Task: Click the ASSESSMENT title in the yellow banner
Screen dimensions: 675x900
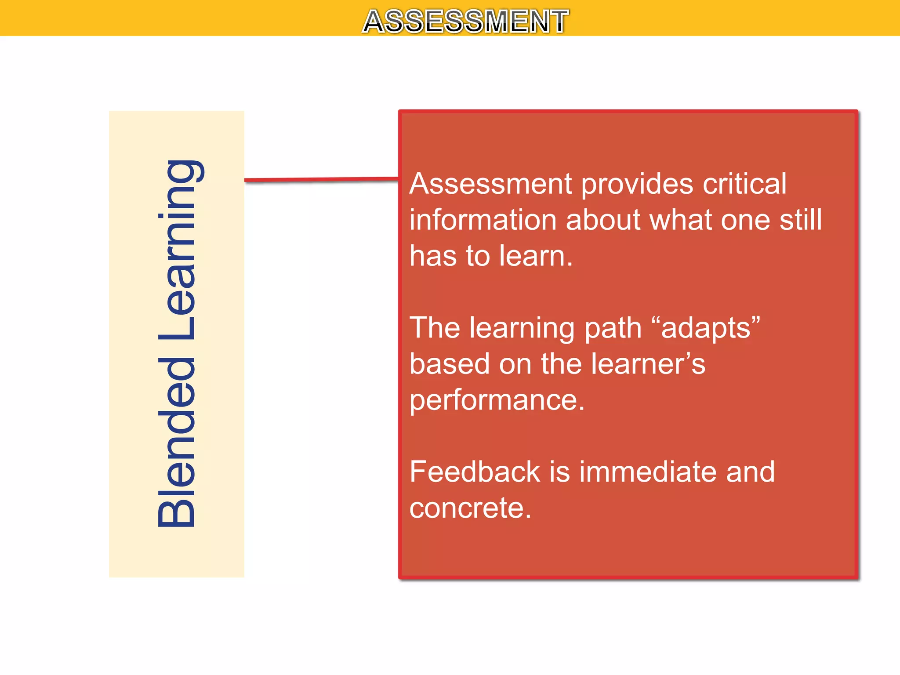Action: (465, 21)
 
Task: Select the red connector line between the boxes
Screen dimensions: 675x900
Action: (321, 179)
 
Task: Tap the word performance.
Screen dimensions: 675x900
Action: (497, 400)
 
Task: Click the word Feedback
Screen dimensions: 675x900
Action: (474, 472)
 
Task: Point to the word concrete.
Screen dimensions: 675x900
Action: (470, 508)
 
